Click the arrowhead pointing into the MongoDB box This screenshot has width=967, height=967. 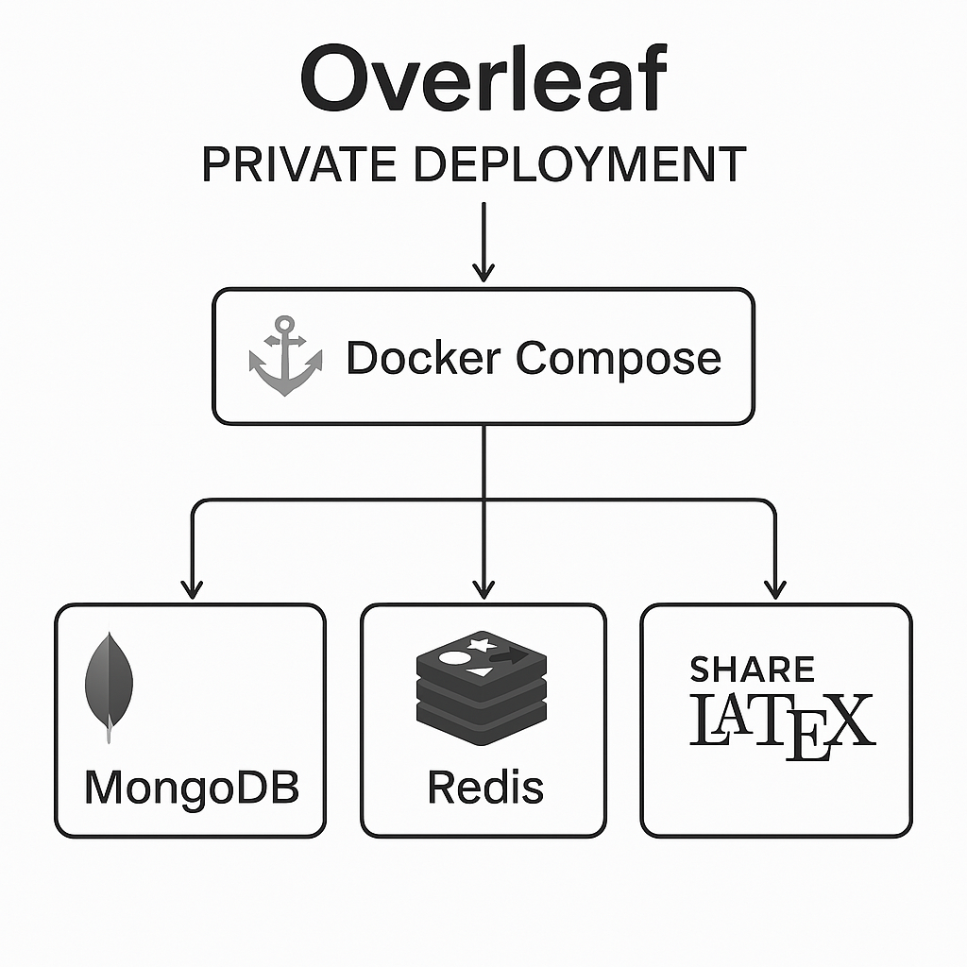192,589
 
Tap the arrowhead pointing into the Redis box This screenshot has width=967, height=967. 483,589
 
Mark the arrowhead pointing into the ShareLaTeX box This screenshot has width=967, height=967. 774,589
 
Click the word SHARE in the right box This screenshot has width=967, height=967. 752,669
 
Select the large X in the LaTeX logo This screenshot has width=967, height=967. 849,722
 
